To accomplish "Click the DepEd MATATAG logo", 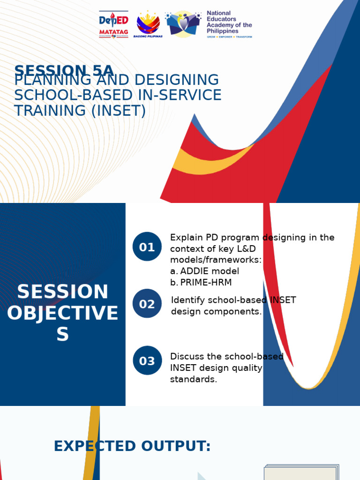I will tap(113, 24).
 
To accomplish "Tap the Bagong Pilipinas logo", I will tap(148, 24).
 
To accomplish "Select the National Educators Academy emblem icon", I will tap(183, 24).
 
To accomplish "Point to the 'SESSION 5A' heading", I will tap(64, 70).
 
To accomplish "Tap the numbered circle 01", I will tap(147, 247).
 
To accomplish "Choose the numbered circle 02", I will tap(147, 304).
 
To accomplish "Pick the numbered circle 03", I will tap(147, 360).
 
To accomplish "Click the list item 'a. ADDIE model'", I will tap(205, 271).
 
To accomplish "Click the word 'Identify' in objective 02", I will tap(187, 300).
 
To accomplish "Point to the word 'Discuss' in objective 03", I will tap(186, 357).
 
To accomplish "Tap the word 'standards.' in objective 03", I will tap(194, 379).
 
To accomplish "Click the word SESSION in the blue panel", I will tap(63, 292).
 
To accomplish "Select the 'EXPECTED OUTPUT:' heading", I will tap(132, 446).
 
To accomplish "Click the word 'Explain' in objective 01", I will tap(186, 237).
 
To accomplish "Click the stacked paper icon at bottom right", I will tap(301, 472).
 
